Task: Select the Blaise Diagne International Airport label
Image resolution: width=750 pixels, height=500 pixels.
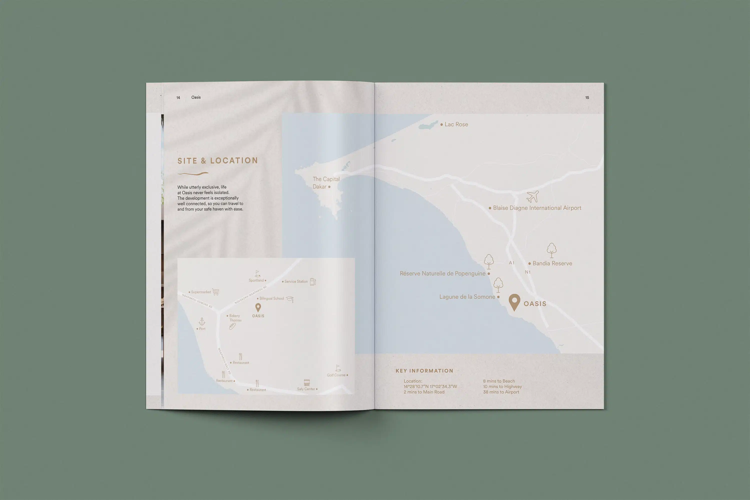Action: click(x=537, y=208)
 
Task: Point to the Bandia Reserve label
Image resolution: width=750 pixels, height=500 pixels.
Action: click(x=552, y=263)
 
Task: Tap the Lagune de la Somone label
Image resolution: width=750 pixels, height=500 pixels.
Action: click(x=467, y=297)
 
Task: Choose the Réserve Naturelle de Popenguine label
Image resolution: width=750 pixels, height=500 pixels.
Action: click(x=442, y=274)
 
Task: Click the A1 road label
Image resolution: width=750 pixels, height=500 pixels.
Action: click(x=512, y=263)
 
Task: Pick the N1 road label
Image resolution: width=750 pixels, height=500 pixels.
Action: click(x=528, y=272)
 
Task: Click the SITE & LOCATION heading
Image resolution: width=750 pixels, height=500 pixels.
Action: click(x=217, y=161)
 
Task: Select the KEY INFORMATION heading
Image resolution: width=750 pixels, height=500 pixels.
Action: click(x=424, y=371)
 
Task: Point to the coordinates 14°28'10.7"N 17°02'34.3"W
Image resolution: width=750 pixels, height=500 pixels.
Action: click(x=430, y=387)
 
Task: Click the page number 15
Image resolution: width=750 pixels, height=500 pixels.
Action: click(x=587, y=98)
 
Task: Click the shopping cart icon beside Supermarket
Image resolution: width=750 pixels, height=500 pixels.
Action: click(x=216, y=292)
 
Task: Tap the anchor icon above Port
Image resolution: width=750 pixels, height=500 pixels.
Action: click(x=202, y=321)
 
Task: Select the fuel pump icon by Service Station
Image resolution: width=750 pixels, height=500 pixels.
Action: click(x=313, y=282)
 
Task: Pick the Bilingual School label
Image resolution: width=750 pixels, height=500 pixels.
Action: click(x=271, y=298)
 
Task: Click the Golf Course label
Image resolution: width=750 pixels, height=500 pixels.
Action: click(x=336, y=375)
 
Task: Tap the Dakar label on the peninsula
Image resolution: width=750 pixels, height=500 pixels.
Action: click(x=319, y=187)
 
